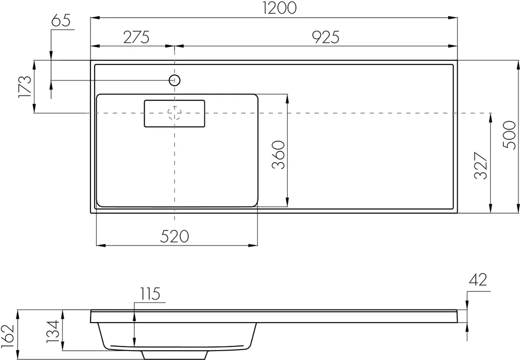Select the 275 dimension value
point(136,37)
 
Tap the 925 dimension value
point(327,37)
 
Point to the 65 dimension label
point(61,22)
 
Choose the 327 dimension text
point(481,166)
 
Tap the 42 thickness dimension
point(477,280)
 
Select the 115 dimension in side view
point(149,293)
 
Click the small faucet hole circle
point(175,80)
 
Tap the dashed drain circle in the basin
point(175,113)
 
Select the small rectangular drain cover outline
point(174,113)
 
